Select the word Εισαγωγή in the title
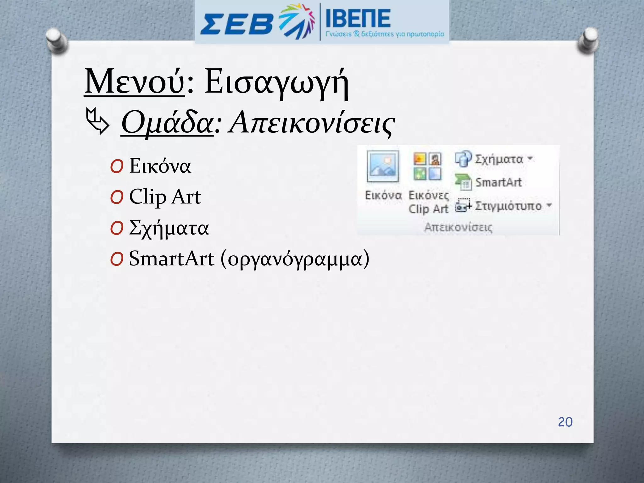point(277,82)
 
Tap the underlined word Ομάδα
point(167,123)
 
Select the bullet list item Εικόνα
point(160,166)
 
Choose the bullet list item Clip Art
point(165,197)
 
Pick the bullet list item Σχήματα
point(169,228)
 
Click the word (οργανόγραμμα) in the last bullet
point(295,259)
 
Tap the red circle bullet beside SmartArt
point(117,259)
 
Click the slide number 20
point(565,422)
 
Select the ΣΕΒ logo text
point(236,24)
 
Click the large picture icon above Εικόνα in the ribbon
point(383,166)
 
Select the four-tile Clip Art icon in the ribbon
point(427,166)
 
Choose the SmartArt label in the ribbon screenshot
point(498,182)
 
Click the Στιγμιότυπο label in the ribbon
point(508,206)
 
